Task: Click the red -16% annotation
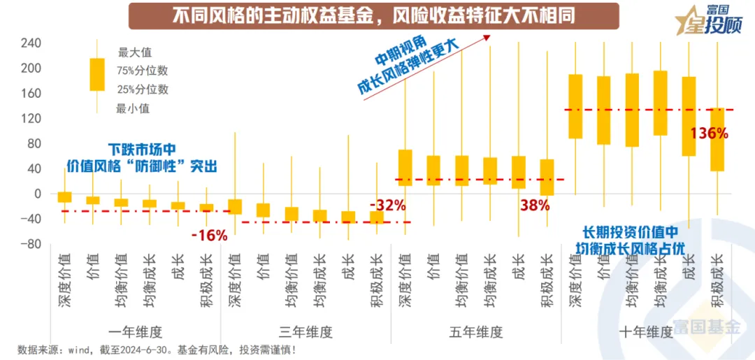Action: (209, 236)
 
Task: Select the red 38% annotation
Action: (535, 206)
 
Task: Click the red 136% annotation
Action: (708, 134)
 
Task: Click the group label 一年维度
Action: (136, 332)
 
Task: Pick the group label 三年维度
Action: (305, 332)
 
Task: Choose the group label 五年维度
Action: (476, 332)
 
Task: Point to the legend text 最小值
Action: (133, 108)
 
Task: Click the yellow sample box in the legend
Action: (96, 75)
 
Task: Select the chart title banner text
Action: (364, 15)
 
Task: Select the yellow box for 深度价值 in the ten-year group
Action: (575, 106)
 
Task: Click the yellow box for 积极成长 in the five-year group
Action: (547, 178)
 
